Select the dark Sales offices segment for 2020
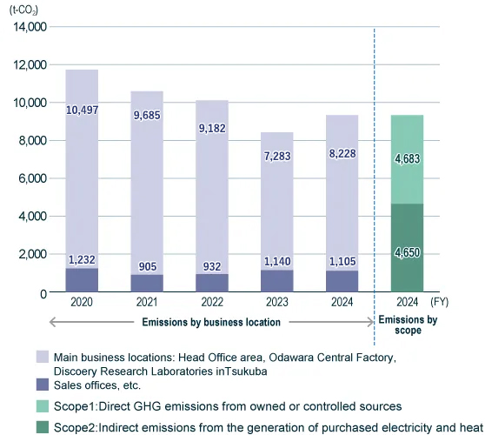(x=82, y=280)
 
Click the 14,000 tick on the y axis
(x=28, y=27)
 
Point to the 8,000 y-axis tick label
(x=31, y=140)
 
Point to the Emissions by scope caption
(x=408, y=325)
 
